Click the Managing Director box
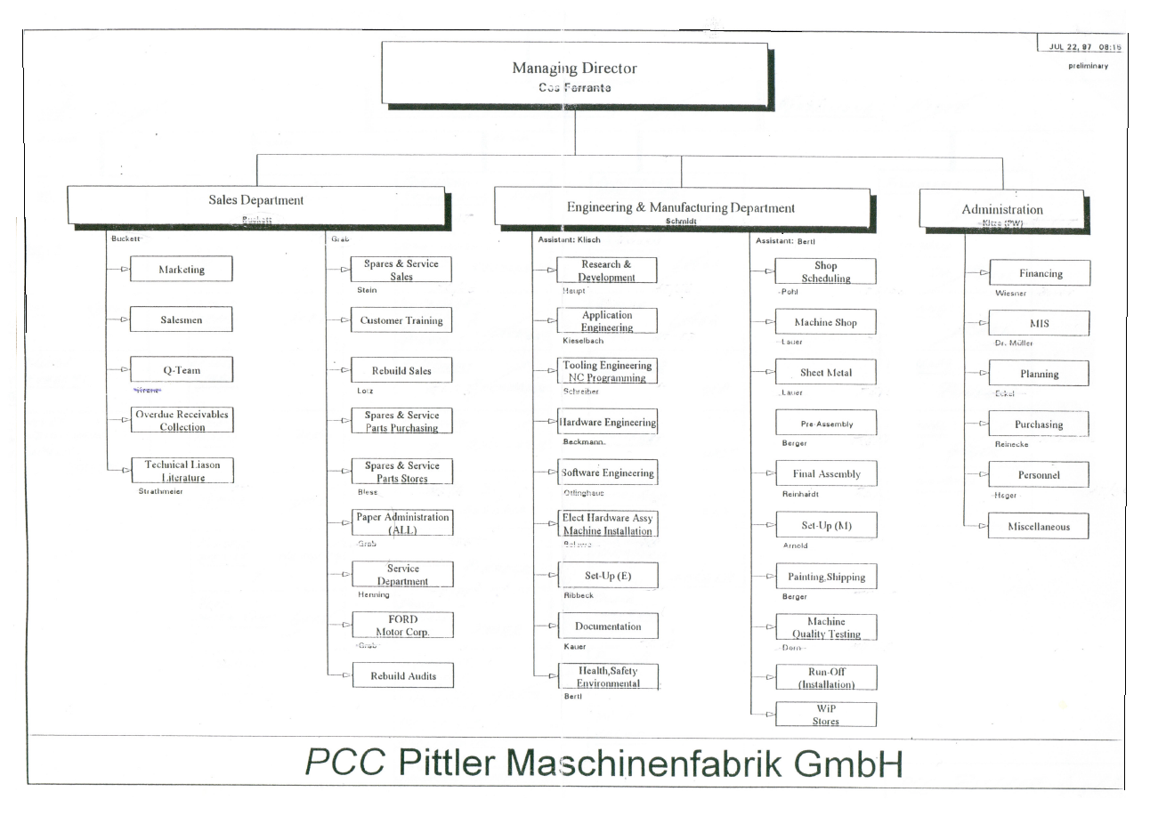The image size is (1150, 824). [574, 75]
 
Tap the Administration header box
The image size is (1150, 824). [1001, 210]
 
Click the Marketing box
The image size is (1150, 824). [182, 269]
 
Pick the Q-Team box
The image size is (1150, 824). [182, 370]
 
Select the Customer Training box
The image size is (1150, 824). [401, 320]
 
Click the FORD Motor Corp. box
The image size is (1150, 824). [402, 626]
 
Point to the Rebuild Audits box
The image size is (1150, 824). [403, 675]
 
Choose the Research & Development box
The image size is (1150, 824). [606, 271]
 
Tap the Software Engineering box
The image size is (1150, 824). [608, 473]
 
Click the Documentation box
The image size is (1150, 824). [608, 626]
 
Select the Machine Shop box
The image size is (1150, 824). [825, 322]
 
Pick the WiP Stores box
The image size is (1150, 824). [826, 715]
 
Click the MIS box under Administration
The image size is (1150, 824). [1039, 323]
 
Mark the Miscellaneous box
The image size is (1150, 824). [1039, 527]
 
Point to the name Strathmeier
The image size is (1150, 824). [160, 491]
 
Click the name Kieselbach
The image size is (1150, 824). [583, 341]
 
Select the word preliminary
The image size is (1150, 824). [1088, 66]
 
